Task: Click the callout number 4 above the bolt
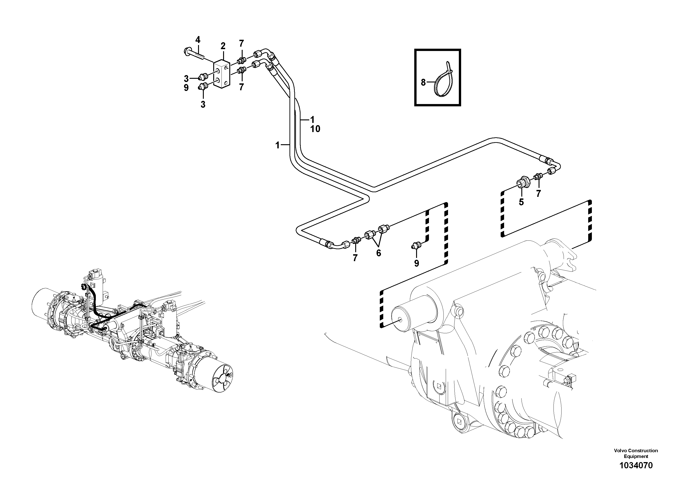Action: tap(198, 40)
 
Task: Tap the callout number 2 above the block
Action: tap(223, 46)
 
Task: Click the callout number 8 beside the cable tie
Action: tap(423, 82)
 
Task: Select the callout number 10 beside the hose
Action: tap(315, 129)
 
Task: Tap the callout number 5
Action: tap(521, 202)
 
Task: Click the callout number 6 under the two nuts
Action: tap(378, 253)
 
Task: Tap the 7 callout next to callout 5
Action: tap(538, 194)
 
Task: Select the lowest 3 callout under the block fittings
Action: tap(203, 105)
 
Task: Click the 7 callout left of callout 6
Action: tap(355, 258)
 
